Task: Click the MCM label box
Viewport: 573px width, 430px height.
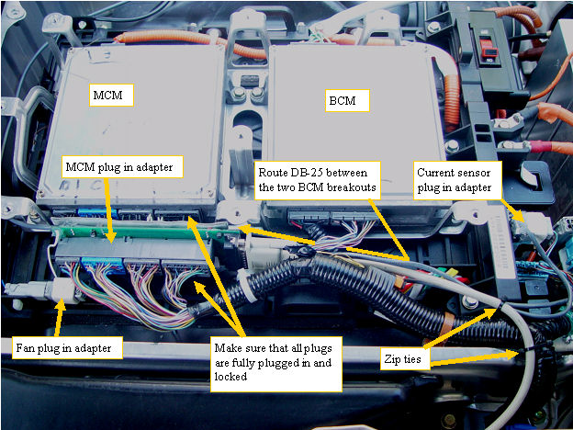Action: [111, 95]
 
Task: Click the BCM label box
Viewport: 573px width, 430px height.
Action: [347, 100]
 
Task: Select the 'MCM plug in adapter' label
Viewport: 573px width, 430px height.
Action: [122, 167]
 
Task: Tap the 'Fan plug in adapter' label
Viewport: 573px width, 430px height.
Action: [67, 347]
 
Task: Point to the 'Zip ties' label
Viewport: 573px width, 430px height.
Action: [405, 358]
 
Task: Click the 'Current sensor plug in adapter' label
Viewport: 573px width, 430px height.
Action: [457, 180]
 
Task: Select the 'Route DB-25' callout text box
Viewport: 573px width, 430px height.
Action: [317, 180]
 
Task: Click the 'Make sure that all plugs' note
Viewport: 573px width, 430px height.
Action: [275, 364]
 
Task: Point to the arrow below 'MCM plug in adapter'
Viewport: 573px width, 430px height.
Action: [109, 209]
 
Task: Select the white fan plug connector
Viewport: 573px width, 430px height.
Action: [65, 289]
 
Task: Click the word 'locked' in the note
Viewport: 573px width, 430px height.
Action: [230, 377]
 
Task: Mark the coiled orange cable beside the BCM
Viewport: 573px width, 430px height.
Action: [453, 97]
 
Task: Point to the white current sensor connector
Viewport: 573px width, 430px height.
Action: [532, 224]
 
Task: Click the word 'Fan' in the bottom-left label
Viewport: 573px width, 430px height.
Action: [24, 347]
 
